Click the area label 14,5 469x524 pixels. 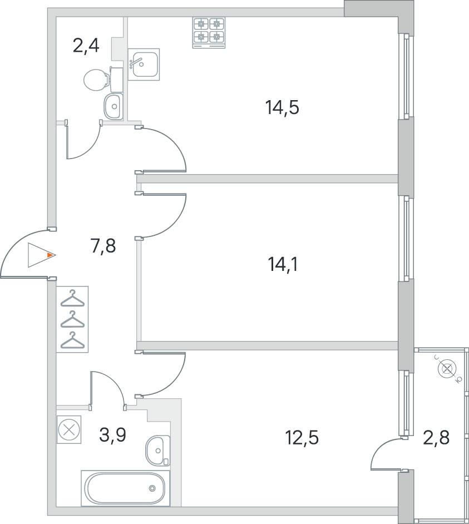(282, 107)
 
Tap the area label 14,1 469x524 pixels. (283, 265)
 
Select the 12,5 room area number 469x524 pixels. (302, 438)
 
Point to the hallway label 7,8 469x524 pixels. (103, 246)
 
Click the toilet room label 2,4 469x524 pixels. (86, 46)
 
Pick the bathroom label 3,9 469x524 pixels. (112, 435)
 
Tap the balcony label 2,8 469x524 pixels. (436, 437)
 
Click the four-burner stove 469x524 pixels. (209, 33)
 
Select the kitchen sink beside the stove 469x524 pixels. (144, 65)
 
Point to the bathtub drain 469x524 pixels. (152, 488)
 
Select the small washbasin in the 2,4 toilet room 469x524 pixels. (114, 106)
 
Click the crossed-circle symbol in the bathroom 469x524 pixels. (69, 429)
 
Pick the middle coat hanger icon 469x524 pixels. (72, 320)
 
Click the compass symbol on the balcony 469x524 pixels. (447, 369)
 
